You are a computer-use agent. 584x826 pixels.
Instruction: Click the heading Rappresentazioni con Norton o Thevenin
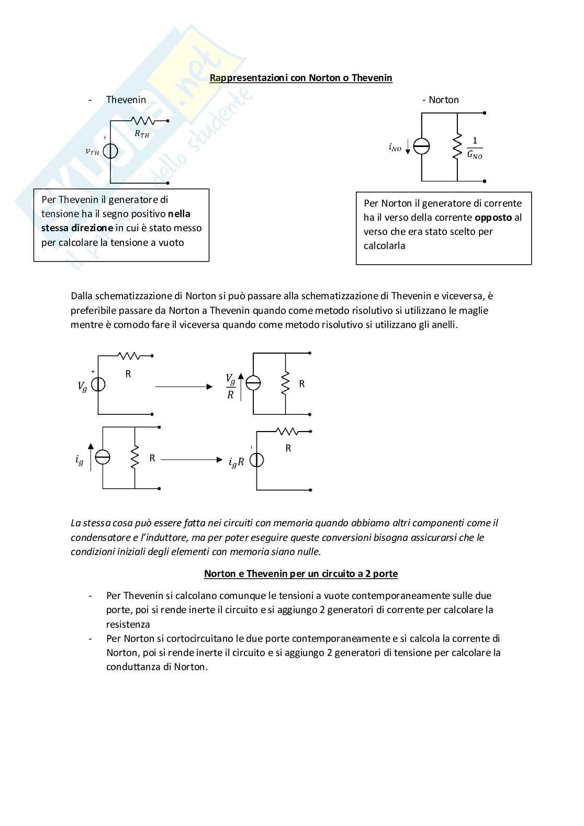tap(301, 78)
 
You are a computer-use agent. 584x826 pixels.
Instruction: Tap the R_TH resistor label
tap(142, 134)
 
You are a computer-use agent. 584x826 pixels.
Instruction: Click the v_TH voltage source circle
tap(110, 151)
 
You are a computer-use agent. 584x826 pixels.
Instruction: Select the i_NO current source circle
tap(421, 147)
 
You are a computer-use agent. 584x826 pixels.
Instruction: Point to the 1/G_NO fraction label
tap(475, 148)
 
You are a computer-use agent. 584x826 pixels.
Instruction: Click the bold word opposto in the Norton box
tap(493, 218)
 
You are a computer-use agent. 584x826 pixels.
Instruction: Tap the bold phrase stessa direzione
tap(77, 228)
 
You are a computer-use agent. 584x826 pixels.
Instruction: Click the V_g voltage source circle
tap(98, 384)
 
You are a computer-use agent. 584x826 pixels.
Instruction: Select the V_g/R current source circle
tap(253, 383)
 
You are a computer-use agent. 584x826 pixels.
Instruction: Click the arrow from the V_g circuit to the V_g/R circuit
tap(184, 387)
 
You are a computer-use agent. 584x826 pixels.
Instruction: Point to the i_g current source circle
tap(103, 457)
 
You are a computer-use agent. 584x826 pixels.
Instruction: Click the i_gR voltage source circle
tap(256, 460)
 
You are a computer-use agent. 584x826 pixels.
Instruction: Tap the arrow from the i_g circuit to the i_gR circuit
tap(191, 460)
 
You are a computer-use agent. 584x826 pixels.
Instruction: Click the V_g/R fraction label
tap(230, 386)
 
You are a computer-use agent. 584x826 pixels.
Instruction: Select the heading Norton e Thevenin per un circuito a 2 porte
tap(301, 574)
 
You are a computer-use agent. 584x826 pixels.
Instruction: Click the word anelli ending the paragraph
tap(444, 325)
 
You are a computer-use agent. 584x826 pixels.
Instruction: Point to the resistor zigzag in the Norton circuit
tap(457, 146)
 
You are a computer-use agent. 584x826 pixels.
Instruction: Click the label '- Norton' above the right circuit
tap(441, 100)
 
